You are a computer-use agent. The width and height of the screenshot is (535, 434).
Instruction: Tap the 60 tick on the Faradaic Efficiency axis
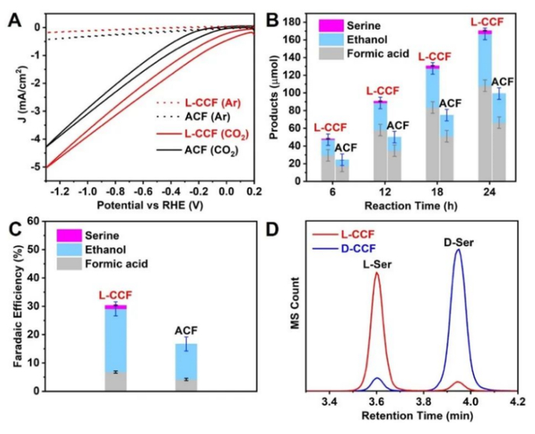point(36,221)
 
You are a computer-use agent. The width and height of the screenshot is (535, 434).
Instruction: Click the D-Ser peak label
point(459,243)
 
